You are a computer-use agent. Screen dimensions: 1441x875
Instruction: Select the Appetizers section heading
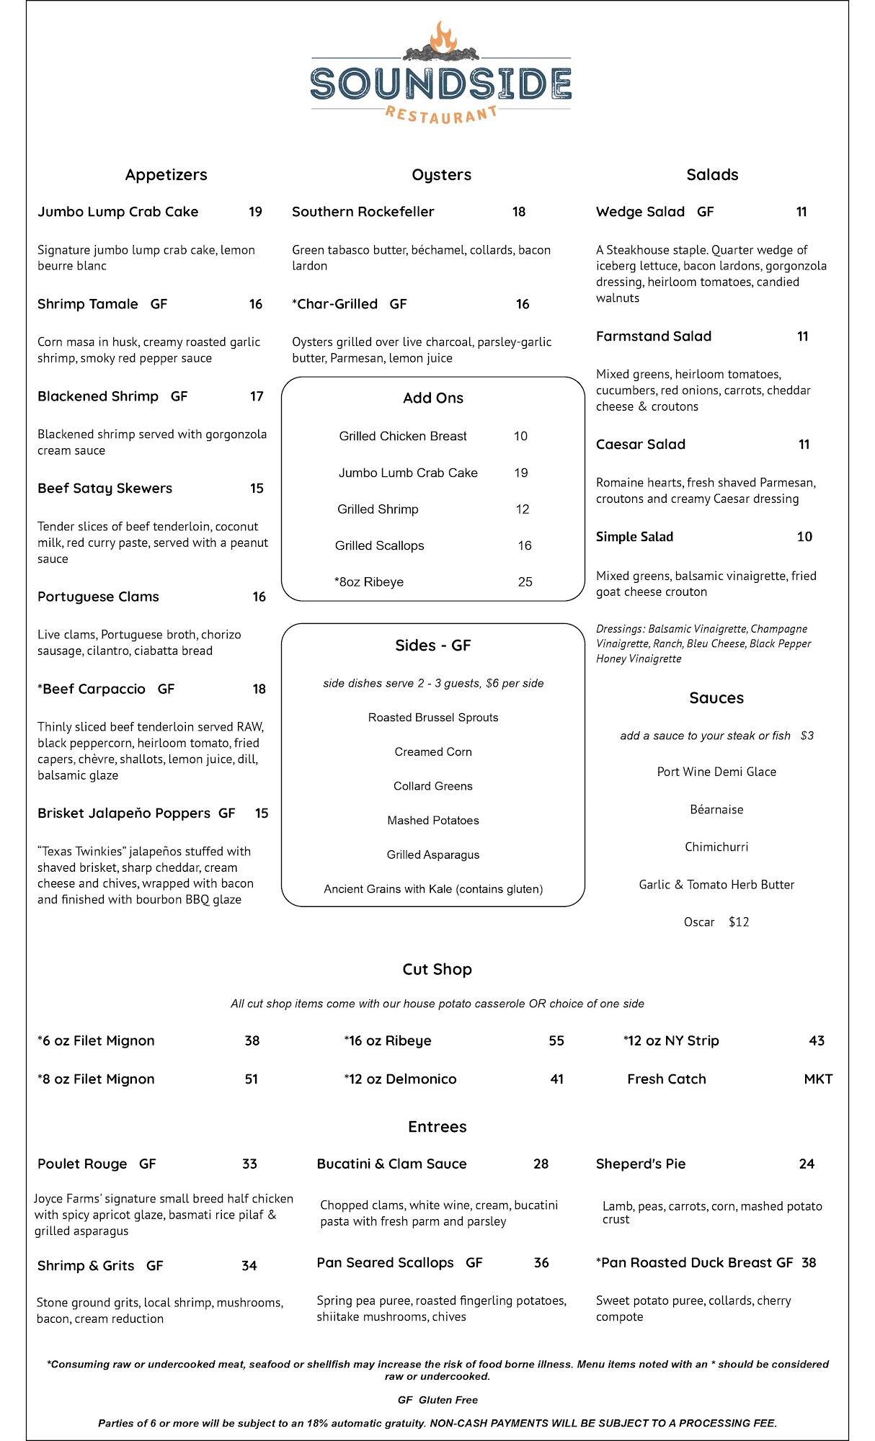point(166,175)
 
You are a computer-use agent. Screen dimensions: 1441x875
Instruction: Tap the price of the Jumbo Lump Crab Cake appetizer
point(255,212)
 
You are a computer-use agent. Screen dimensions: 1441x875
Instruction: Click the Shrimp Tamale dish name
point(88,304)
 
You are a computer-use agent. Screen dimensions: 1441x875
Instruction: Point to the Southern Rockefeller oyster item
point(363,212)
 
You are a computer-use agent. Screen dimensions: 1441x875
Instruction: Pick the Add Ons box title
point(432,398)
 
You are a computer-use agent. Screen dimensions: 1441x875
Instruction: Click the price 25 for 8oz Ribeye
point(525,582)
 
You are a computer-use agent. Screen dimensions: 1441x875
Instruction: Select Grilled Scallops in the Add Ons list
point(379,545)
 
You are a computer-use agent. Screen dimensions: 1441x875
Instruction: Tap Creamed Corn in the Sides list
point(432,751)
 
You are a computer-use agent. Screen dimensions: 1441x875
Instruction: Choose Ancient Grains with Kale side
point(432,889)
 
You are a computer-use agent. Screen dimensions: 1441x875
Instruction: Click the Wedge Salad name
point(640,212)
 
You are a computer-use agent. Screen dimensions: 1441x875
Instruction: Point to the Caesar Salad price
point(804,445)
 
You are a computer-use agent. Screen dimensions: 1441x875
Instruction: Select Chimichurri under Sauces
point(716,847)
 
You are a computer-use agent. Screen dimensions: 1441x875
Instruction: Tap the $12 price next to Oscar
point(739,922)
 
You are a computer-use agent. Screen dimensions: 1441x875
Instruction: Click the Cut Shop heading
point(437,970)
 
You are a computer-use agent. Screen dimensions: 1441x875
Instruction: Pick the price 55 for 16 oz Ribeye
point(556,1041)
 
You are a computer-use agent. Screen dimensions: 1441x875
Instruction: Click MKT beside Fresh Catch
point(818,1079)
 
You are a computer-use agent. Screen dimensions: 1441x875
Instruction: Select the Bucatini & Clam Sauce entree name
point(391,1164)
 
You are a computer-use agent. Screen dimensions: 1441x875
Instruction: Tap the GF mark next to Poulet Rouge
point(148,1164)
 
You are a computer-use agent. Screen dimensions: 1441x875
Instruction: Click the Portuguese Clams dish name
point(98,597)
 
